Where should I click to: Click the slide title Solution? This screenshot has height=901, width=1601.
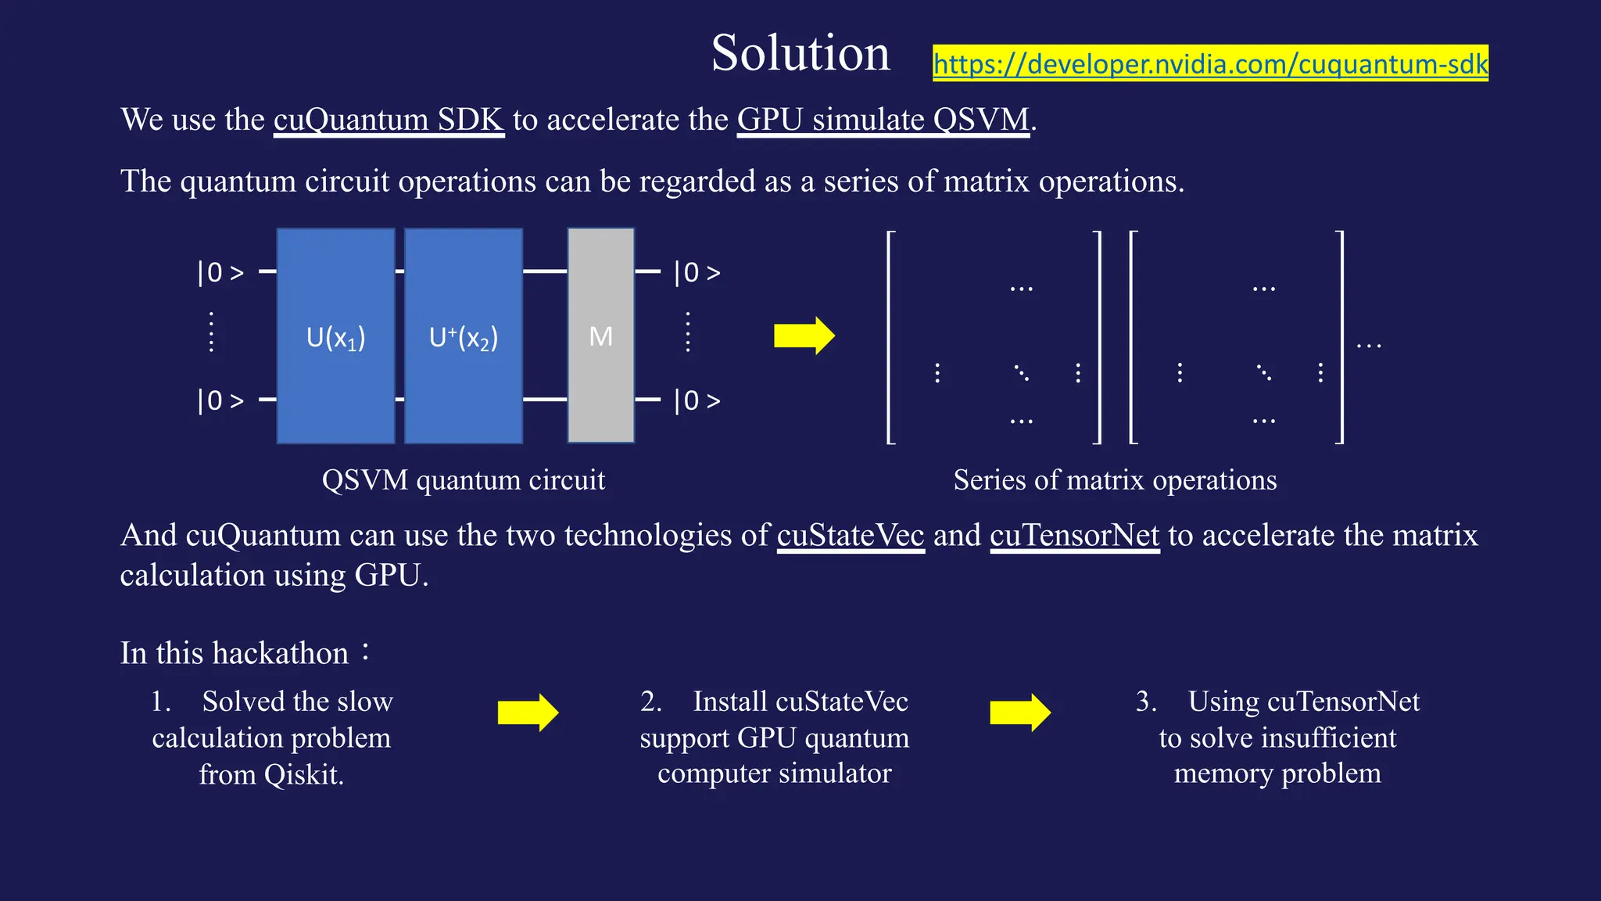[800, 53]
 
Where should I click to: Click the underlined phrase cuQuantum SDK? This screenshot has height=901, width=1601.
[389, 120]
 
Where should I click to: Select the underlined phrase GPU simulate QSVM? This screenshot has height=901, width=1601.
[883, 120]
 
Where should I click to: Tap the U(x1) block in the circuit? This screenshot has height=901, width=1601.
[335, 336]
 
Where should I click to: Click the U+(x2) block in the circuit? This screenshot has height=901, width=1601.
[464, 336]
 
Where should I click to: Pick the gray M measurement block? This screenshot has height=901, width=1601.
[600, 336]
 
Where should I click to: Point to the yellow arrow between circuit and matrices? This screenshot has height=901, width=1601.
[804, 336]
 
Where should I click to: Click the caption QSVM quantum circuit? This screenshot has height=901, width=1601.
[464, 479]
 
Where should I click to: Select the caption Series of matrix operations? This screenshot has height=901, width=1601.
[1115, 479]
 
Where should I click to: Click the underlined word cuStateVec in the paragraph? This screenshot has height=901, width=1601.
[851, 536]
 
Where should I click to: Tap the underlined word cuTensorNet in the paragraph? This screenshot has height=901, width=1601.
[1074, 536]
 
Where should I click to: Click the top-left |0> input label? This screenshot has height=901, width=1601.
[220, 273]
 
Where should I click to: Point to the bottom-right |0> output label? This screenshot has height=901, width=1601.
[697, 401]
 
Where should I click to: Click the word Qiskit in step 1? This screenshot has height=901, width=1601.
[303, 775]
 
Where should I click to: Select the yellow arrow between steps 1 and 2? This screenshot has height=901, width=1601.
[528, 713]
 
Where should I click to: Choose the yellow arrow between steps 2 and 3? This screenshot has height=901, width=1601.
[1019, 713]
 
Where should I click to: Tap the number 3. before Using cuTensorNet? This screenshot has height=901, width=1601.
[1146, 702]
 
